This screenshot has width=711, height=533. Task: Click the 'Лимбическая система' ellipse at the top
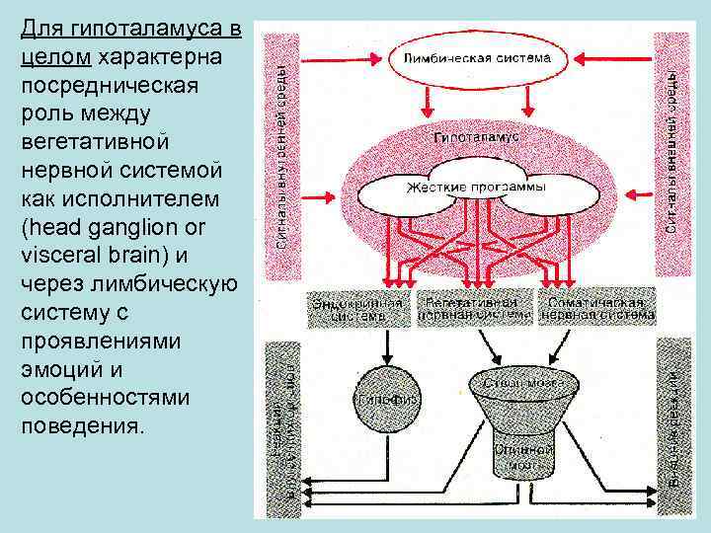tap(476, 58)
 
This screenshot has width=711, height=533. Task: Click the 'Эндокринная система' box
tap(356, 308)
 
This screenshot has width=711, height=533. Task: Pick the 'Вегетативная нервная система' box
tap(474, 308)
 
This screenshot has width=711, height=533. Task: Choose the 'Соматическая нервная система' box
tap(595, 308)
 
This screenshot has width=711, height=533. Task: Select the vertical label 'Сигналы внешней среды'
tap(671, 148)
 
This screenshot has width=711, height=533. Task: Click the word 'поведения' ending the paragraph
tap(78, 426)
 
